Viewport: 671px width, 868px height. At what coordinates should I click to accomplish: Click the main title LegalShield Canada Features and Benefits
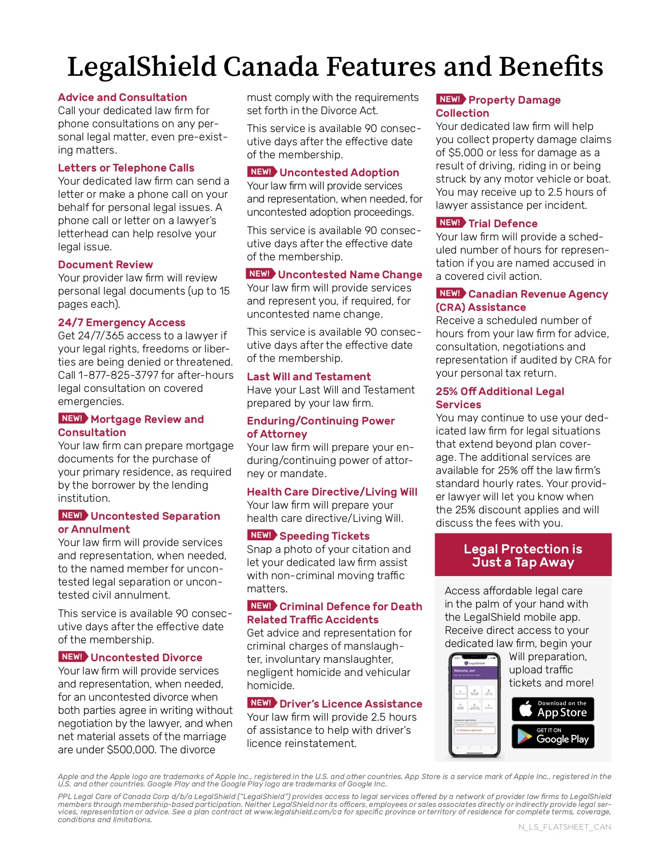335,67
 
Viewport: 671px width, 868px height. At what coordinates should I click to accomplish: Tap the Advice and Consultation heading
123,97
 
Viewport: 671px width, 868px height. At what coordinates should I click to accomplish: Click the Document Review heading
105,265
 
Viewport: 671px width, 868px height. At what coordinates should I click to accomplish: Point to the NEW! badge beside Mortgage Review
73,419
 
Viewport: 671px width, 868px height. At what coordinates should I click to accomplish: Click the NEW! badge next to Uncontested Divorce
73,657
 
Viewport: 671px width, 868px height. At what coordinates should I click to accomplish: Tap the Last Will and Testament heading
309,377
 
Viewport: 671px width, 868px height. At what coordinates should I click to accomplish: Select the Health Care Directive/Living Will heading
332,492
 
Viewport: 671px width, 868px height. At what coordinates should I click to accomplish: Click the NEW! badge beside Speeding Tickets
262,536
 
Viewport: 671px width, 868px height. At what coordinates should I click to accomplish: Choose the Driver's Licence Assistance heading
350,704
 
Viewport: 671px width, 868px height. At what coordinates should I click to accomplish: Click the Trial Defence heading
503,224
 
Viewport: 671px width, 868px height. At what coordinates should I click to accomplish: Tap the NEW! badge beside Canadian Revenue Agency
450,294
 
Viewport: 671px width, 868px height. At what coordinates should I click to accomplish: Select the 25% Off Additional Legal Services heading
499,398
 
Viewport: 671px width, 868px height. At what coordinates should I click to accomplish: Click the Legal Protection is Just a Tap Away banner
523,556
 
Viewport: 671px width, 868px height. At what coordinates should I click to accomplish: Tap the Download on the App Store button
553,709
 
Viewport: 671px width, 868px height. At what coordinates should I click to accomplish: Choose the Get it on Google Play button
553,736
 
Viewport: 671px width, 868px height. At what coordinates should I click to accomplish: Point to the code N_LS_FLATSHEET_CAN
565,827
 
